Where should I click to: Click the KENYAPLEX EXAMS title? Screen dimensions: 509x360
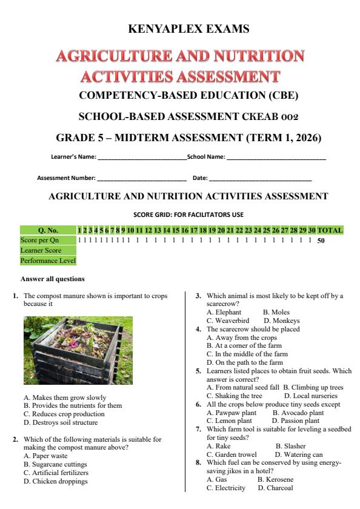[x=189, y=28]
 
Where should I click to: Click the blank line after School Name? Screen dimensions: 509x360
[x=276, y=159]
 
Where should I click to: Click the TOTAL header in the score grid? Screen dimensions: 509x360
[x=330, y=230]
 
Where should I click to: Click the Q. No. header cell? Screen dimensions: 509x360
[x=48, y=230]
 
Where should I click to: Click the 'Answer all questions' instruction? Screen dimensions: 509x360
[x=53, y=279]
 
